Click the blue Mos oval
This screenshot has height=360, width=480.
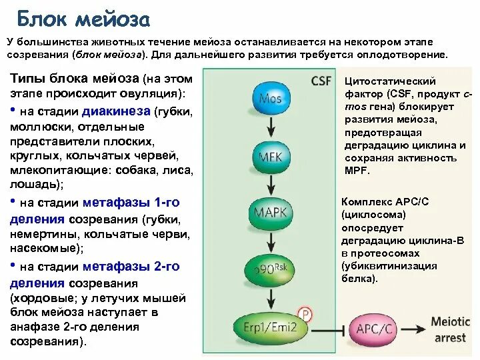pos(271,99)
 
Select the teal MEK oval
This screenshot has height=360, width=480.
pos(271,157)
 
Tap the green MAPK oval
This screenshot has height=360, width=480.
pos(271,213)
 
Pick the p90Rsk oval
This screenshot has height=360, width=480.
pos(271,270)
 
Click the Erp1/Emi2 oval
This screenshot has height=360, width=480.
pos(271,327)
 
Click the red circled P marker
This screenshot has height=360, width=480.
pos(305,313)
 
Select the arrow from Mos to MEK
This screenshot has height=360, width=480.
pos(271,127)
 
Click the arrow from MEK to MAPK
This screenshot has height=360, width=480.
pos(271,185)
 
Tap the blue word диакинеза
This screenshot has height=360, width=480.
pos(117,111)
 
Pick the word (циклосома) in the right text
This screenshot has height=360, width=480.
pos(373,215)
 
